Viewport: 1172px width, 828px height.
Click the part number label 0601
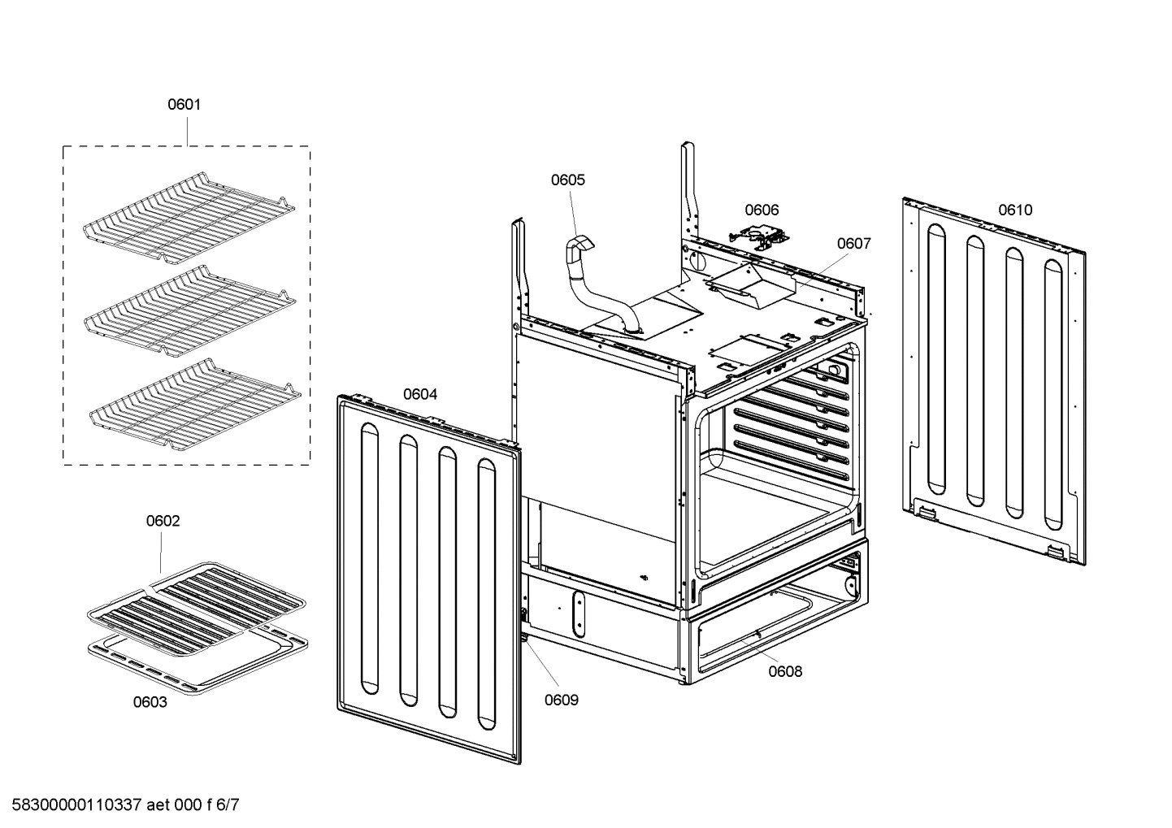[184, 104]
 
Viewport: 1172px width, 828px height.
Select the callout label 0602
[163, 521]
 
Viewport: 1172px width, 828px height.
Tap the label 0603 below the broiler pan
[150, 702]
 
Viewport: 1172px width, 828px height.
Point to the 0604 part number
[420, 394]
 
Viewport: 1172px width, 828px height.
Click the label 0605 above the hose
[567, 180]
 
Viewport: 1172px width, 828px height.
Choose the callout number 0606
[762, 210]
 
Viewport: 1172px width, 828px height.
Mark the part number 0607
[853, 243]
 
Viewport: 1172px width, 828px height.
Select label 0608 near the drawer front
[785, 671]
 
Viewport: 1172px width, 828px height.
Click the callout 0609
[562, 700]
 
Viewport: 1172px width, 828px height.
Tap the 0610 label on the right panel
[1015, 210]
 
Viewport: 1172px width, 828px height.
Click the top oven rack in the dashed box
[189, 219]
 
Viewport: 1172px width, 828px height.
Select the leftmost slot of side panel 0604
[369, 561]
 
